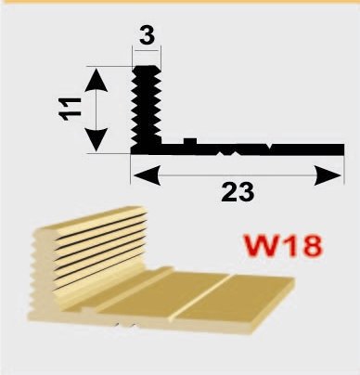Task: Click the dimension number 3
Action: (x=147, y=36)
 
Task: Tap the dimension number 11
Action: (x=71, y=109)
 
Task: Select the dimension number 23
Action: (x=238, y=192)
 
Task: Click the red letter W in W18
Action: (x=260, y=245)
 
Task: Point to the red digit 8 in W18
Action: (x=310, y=245)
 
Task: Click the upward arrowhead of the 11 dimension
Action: (x=96, y=80)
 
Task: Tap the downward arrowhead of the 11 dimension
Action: (x=96, y=139)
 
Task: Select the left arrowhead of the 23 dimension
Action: (x=148, y=175)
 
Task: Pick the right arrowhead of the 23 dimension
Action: (x=328, y=175)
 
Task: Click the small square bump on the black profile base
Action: (x=190, y=142)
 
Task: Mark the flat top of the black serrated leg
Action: (x=146, y=66)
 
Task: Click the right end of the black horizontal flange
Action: (x=343, y=149)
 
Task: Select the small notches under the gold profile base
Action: (x=124, y=325)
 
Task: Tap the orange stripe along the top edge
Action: (x=180, y=1)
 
